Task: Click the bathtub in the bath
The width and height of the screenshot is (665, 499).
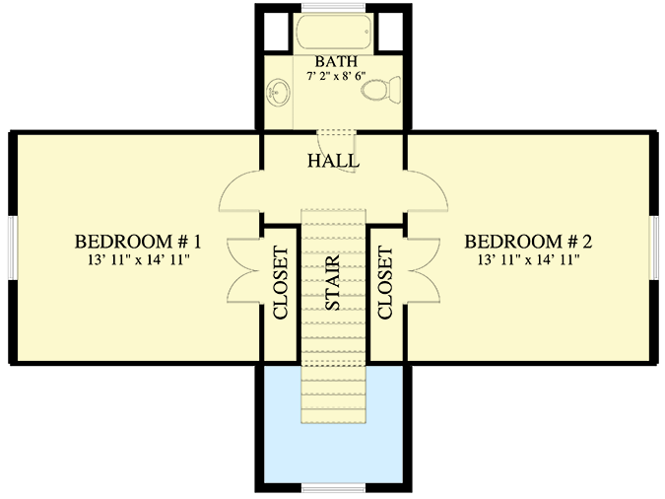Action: coord(333,34)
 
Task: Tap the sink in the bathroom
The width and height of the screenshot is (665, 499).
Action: coord(278,92)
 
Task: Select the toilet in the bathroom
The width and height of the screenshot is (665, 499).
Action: coord(381,90)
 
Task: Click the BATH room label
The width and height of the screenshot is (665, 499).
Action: coord(336,61)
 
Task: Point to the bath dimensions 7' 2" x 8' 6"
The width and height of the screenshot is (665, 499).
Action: coord(336,76)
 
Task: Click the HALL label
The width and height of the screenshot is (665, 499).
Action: coord(333,161)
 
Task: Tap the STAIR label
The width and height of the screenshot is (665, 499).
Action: coord(333,282)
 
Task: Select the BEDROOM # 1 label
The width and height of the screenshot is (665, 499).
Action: coord(138,242)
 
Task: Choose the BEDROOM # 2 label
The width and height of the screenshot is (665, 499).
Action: coord(528,242)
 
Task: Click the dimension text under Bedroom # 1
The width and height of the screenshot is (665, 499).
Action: coord(138,259)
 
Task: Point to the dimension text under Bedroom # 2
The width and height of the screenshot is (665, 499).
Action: coord(528,259)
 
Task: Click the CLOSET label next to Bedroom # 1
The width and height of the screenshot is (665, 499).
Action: coord(281,283)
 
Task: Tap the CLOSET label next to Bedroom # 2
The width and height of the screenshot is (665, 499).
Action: coord(385,283)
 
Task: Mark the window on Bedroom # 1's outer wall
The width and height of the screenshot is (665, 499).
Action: coord(13,248)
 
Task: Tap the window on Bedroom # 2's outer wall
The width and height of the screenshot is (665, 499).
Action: coord(654,248)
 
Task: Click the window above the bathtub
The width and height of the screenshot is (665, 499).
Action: coord(333,8)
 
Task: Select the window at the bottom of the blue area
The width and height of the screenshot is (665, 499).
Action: coord(333,487)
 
